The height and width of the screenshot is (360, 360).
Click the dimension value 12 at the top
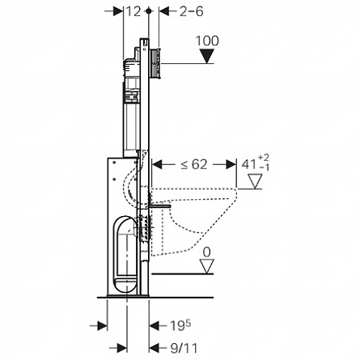point(133,11)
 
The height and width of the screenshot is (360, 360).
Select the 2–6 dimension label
point(192,11)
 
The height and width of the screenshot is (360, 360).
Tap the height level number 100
point(207,41)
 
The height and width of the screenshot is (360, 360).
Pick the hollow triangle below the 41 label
point(255,181)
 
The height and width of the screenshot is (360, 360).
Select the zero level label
point(206,252)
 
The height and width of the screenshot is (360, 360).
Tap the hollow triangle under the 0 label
point(207,266)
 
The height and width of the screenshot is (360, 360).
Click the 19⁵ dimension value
point(180,325)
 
